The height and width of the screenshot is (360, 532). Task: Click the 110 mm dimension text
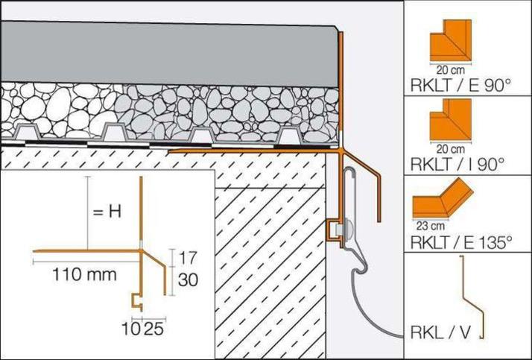point(84,274)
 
